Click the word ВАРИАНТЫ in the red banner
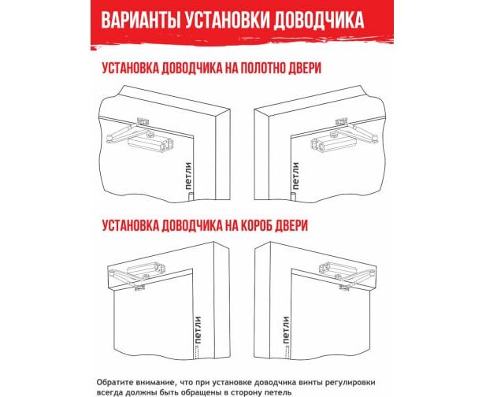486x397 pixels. tap(139, 20)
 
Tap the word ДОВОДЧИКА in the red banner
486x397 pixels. tap(318, 20)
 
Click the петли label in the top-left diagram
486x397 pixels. tap(188, 176)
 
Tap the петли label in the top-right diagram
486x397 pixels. tap(295, 176)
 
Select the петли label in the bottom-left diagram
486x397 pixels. tap(198, 330)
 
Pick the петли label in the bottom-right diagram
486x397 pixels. tap(286, 330)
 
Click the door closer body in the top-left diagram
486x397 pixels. tap(151, 145)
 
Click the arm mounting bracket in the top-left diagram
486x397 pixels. tap(142, 121)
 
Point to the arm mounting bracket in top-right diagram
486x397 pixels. tap(342, 121)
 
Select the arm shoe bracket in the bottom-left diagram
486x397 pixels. tap(139, 288)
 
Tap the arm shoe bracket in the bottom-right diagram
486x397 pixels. tap(345, 288)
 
